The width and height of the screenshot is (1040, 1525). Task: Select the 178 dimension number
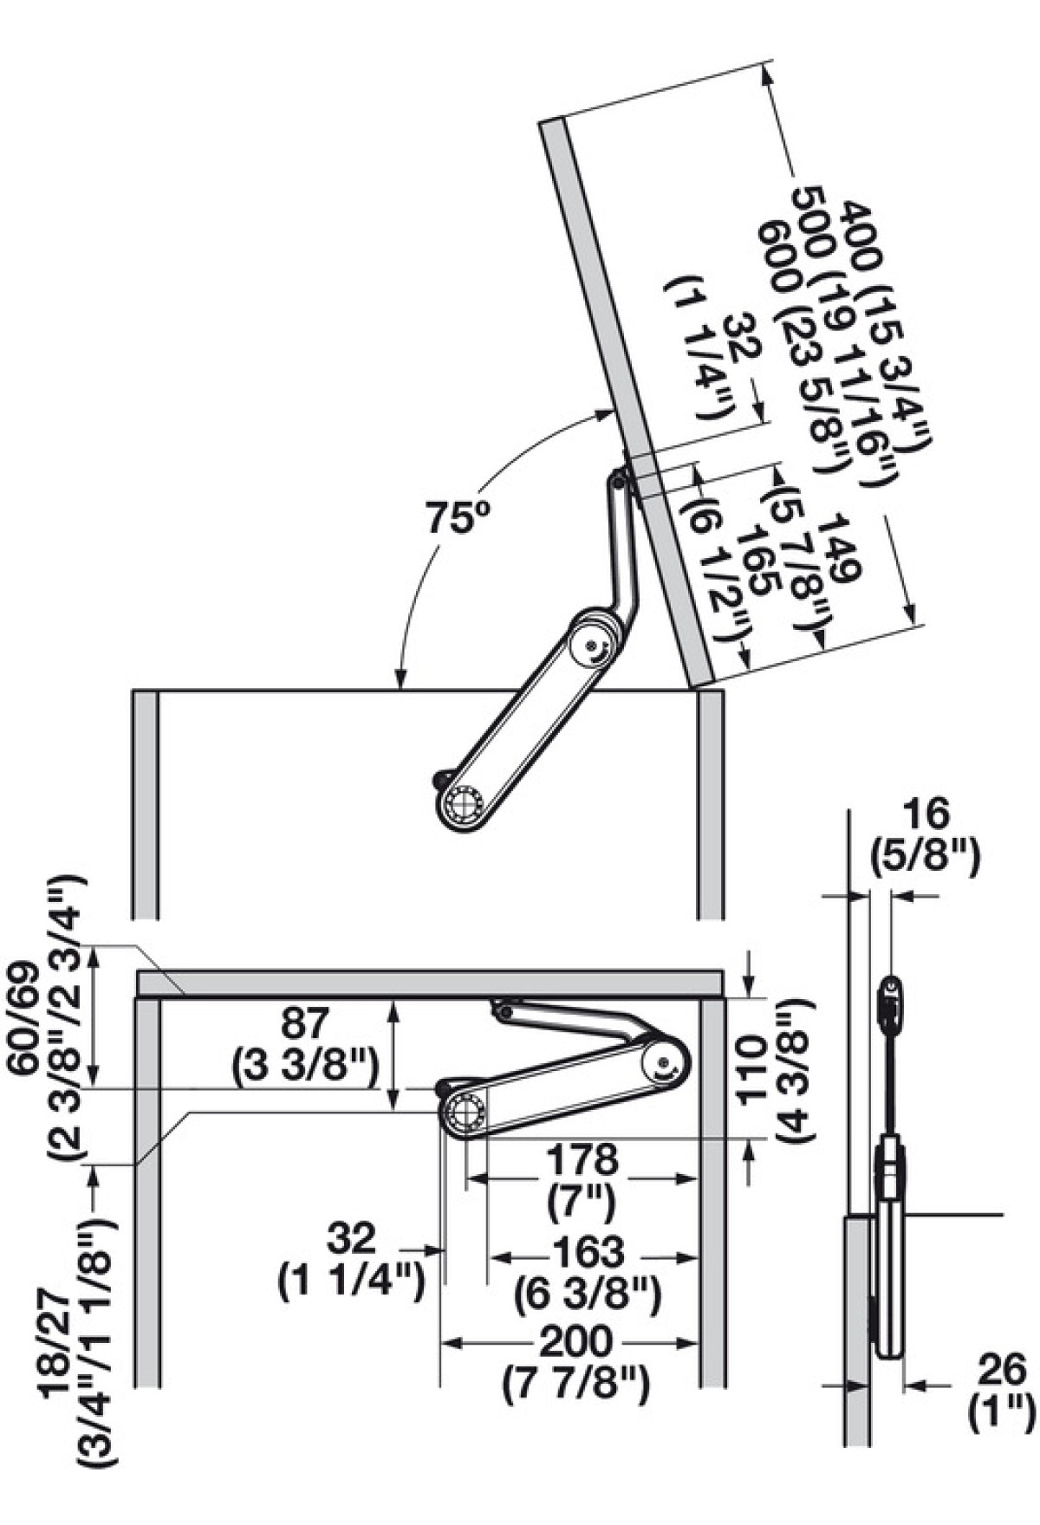pyautogui.click(x=581, y=1159)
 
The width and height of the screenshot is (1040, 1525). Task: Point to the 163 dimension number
pyautogui.click(x=587, y=1251)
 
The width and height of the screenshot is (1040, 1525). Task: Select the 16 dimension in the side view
pyautogui.click(x=925, y=815)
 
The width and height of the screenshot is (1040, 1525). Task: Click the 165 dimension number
pyautogui.click(x=754, y=563)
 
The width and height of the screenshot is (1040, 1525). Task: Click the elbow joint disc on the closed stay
pyautogui.click(x=665, y=1062)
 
